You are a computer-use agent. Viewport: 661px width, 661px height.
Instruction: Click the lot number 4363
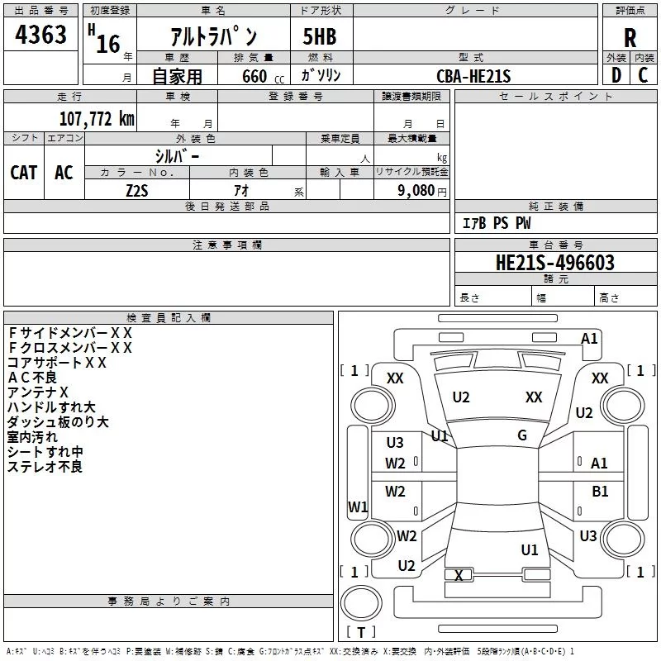click(x=41, y=36)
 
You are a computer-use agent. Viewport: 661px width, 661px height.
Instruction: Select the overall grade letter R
click(x=630, y=38)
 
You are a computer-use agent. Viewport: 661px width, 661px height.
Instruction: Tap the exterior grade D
click(x=616, y=75)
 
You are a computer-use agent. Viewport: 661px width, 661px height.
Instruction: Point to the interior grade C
click(x=644, y=75)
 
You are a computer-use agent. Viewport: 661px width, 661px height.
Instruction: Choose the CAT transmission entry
click(x=23, y=172)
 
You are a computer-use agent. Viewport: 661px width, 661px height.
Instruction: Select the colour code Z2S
click(x=137, y=190)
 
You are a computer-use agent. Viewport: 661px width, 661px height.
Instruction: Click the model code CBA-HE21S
click(x=473, y=76)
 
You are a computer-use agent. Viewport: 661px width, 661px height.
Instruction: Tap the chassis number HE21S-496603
click(x=555, y=263)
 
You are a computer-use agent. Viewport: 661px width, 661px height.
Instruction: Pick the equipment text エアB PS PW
click(x=496, y=223)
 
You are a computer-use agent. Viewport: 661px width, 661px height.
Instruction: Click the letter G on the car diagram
click(x=522, y=435)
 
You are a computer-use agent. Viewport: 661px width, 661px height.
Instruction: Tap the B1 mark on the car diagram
click(x=600, y=492)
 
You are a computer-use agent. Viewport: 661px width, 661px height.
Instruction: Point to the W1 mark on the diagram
click(x=358, y=506)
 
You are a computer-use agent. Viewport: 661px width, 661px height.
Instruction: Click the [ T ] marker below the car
click(x=360, y=633)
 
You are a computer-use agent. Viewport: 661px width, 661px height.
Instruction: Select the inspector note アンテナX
click(x=38, y=392)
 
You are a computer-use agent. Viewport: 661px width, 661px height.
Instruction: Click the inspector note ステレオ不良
click(x=45, y=467)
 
